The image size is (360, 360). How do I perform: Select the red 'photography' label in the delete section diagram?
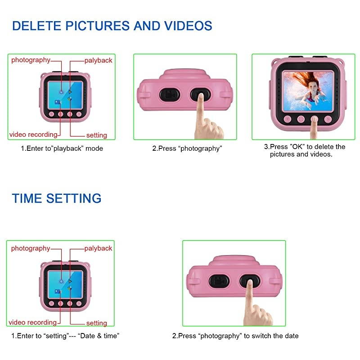click(31, 60)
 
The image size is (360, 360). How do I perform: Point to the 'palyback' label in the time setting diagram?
click(99, 248)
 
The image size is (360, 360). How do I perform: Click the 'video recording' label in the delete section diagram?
click(33, 134)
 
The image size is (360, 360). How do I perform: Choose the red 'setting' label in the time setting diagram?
click(97, 323)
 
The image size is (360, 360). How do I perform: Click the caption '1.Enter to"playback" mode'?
click(62, 148)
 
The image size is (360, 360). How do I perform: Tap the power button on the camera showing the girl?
click(301, 119)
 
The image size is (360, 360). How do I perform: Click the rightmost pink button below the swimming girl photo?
click(328, 119)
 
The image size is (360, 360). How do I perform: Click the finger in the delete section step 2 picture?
click(200, 112)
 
